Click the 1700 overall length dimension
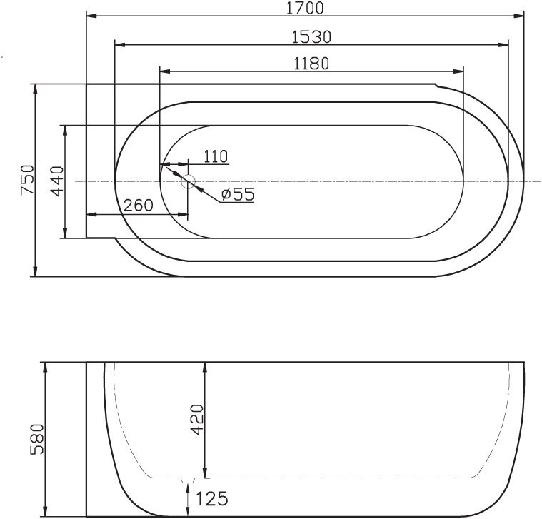(x=304, y=8)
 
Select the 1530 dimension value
(x=311, y=36)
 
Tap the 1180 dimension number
(x=311, y=63)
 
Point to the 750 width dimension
(x=26, y=180)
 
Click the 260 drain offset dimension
(x=138, y=206)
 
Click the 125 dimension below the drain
(x=211, y=497)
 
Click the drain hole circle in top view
(x=189, y=181)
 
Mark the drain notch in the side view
(x=188, y=479)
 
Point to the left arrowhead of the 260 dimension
(x=91, y=214)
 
